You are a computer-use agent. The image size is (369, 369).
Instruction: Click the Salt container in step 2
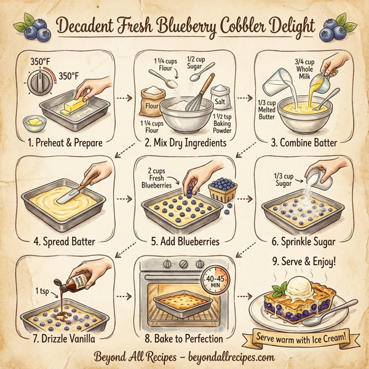click(220, 95)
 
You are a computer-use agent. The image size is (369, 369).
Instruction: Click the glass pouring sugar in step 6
click(318, 180)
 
